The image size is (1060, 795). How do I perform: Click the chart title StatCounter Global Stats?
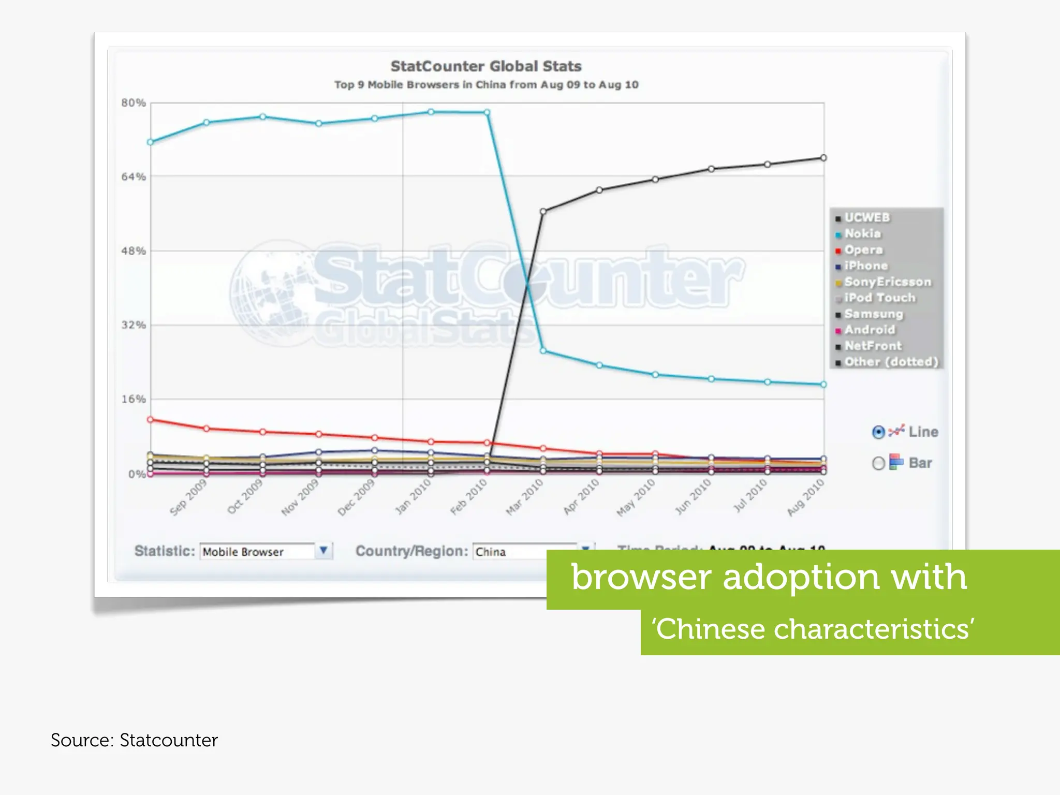pyautogui.click(x=485, y=66)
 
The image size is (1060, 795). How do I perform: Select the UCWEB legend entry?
pyautogui.click(x=866, y=217)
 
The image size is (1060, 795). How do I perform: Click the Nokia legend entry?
pyautogui.click(x=862, y=233)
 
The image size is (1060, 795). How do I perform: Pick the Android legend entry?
pyautogui.click(x=869, y=330)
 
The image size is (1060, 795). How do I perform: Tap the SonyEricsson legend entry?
pyautogui.click(x=887, y=282)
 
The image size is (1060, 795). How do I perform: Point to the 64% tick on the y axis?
pyautogui.click(x=134, y=177)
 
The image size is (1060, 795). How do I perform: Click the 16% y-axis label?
pyautogui.click(x=134, y=399)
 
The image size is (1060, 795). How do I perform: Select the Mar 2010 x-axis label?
pyautogui.click(x=524, y=497)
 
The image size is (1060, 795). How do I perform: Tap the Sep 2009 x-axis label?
pyautogui.click(x=188, y=497)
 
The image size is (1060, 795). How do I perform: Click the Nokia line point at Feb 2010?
pyautogui.click(x=487, y=112)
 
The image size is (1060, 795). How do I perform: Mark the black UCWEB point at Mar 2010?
pyautogui.click(x=543, y=211)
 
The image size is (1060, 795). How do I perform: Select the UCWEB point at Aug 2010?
pyautogui.click(x=823, y=158)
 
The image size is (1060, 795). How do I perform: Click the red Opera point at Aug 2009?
pyautogui.click(x=151, y=420)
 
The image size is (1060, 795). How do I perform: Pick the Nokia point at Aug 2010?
pyautogui.click(x=823, y=385)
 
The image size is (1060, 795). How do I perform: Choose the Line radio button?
pyautogui.click(x=878, y=432)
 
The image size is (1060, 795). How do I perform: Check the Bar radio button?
pyautogui.click(x=878, y=463)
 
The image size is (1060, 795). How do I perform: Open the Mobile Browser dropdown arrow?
pyautogui.click(x=323, y=551)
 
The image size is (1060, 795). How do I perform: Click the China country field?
pyautogui.click(x=523, y=552)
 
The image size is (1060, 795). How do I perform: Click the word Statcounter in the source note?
pyautogui.click(x=169, y=740)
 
